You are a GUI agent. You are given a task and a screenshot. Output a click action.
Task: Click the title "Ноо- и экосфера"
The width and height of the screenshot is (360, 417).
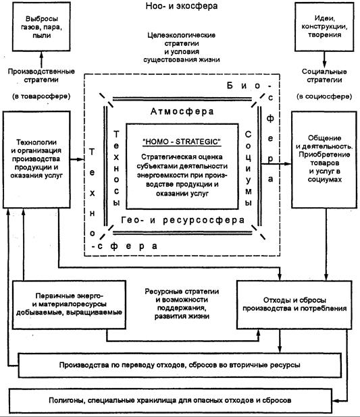181,6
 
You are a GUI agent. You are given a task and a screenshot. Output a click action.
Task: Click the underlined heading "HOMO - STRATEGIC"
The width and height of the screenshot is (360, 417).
182,142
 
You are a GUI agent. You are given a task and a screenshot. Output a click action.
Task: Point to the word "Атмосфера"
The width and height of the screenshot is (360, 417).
182,111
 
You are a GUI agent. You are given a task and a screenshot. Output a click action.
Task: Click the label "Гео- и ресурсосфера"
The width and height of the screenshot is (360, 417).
182,220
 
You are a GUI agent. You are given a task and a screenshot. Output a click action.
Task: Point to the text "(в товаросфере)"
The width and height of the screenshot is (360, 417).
41,96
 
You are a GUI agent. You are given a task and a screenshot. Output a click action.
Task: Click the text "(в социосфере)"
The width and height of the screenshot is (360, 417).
324,96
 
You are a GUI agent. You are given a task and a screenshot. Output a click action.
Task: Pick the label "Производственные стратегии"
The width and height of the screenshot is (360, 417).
41,76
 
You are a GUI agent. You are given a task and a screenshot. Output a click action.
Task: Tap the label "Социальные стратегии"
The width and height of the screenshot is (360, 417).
324,76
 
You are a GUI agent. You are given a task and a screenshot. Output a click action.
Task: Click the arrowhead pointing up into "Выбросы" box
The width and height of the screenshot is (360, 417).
41,54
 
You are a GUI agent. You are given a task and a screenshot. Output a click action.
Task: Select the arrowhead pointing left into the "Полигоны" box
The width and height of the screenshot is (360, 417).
335,400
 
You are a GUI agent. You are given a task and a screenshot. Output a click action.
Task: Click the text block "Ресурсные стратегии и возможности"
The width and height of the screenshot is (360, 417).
182,304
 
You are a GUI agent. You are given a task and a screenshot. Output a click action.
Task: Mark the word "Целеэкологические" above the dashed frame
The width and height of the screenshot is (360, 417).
181,35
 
